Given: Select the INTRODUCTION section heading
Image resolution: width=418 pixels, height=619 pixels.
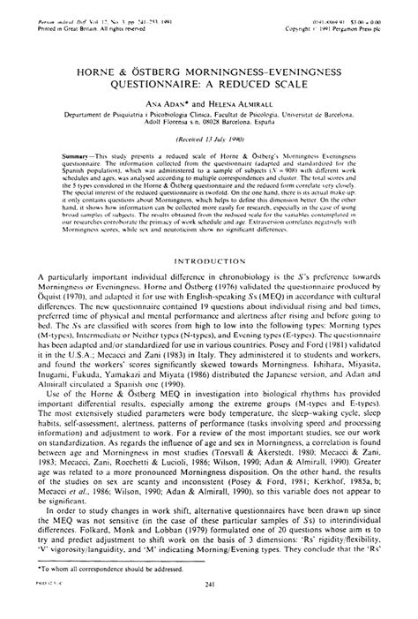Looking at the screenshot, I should [x=208, y=261].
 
